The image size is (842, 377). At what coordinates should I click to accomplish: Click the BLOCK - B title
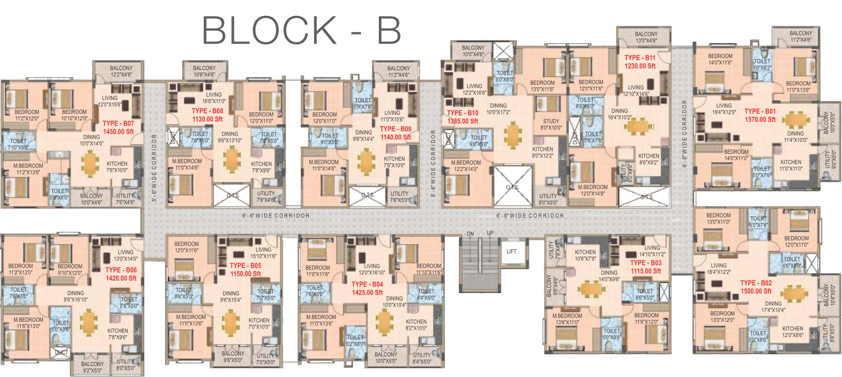pyautogui.click(x=301, y=31)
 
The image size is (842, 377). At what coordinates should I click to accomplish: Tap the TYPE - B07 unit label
pyautogui.click(x=118, y=124)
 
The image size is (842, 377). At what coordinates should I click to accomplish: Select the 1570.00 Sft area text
pyautogui.click(x=760, y=120)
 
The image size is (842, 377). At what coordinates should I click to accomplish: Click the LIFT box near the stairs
pyautogui.click(x=512, y=251)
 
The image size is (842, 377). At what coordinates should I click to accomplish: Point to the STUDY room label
pyautogui.click(x=551, y=121)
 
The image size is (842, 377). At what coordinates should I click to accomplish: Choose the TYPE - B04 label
pyautogui.click(x=367, y=284)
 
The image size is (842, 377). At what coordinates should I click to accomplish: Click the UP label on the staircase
pyautogui.click(x=490, y=233)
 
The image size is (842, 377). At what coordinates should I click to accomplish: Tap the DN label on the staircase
pyautogui.click(x=470, y=234)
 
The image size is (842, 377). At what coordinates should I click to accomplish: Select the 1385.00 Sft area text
pyautogui.click(x=463, y=121)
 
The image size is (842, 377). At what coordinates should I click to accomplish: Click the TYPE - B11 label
pyautogui.click(x=640, y=58)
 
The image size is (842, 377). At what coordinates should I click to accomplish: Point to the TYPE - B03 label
pyautogui.click(x=646, y=263)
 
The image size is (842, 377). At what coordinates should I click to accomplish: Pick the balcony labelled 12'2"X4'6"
pyautogui.click(x=121, y=71)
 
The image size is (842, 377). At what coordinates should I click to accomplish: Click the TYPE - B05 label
pyautogui.click(x=246, y=266)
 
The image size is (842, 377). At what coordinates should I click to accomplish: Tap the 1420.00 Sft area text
pyautogui.click(x=121, y=278)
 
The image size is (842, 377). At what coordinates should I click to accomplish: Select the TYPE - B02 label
pyautogui.click(x=756, y=283)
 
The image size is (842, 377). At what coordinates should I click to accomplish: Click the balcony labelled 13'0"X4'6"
pyautogui.click(x=646, y=37)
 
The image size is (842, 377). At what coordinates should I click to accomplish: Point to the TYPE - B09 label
pyautogui.click(x=396, y=129)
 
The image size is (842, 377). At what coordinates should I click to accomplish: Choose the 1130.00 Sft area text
pyautogui.click(x=207, y=119)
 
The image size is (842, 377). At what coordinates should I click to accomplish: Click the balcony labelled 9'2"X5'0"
pyautogui.click(x=92, y=367)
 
